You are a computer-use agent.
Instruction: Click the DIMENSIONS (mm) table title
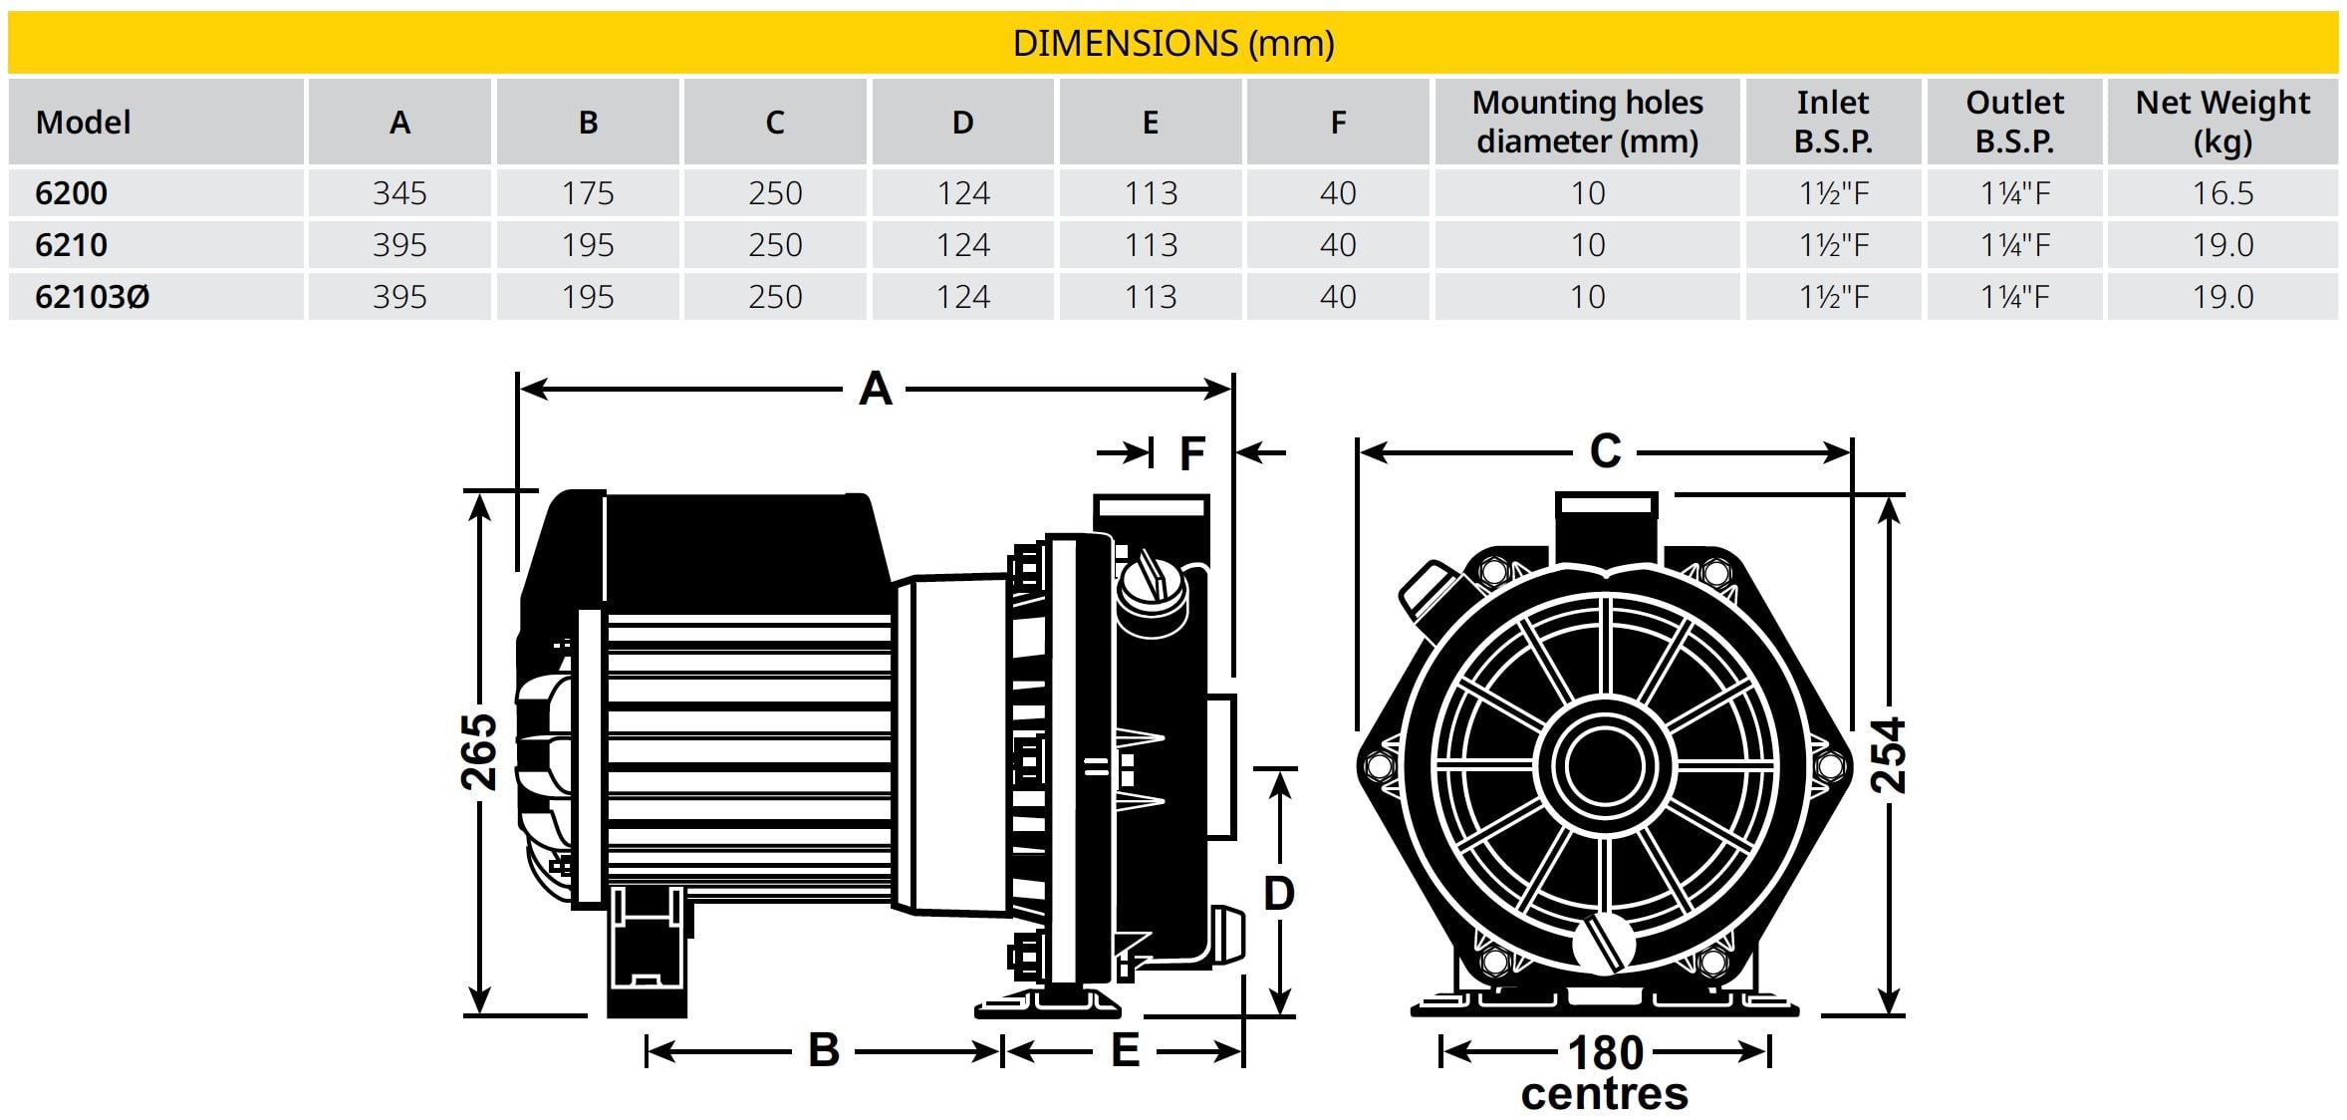(1173, 43)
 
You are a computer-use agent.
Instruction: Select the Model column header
(83, 123)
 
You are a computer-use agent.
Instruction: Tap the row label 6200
(71, 192)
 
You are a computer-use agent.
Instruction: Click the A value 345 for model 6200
(399, 192)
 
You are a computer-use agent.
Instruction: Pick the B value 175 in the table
(588, 192)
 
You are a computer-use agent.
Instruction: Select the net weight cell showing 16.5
(2221, 192)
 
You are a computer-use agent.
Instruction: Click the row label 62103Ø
(92, 296)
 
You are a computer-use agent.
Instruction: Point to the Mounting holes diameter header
(1587, 122)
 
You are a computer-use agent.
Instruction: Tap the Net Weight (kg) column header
(2221, 122)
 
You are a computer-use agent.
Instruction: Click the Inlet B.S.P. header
(1833, 122)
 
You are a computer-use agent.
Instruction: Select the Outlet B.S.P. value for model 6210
(2014, 244)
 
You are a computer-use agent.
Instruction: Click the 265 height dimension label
(479, 752)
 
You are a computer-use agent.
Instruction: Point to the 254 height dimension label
(1889, 754)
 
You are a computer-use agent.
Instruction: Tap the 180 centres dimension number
(1605, 1052)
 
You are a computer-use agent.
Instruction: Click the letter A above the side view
(875, 389)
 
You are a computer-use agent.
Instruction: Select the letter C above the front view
(1605, 451)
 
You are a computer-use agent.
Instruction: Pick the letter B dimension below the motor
(823, 1050)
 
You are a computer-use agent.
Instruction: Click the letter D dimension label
(1278, 893)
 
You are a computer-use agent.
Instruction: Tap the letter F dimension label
(1191, 453)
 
